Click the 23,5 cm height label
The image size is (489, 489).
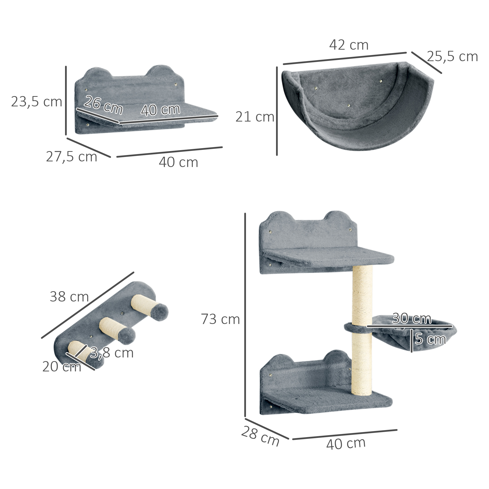point(36,102)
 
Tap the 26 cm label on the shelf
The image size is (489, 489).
point(103,105)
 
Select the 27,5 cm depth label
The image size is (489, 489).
point(71,157)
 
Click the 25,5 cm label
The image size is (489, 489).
point(452,56)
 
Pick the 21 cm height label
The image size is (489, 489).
point(255,117)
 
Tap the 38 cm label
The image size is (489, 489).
point(69,296)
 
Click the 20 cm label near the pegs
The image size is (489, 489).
point(62,367)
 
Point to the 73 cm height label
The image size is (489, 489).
point(220,319)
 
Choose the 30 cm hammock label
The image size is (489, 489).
point(411,318)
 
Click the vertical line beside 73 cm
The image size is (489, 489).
point(245,316)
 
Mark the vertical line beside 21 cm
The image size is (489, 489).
point(277,111)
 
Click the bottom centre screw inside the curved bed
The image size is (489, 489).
point(349,105)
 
